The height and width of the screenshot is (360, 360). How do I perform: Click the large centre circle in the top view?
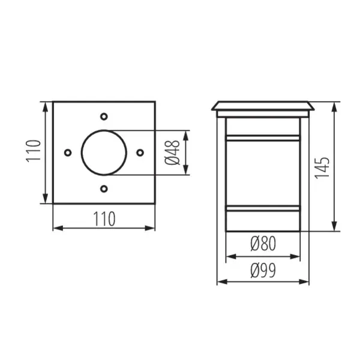click(103, 152)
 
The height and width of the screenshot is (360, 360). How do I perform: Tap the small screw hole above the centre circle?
click(104, 115)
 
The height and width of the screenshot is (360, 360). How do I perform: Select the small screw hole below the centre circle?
click(104, 190)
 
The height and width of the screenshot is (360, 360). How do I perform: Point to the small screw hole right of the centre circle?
click(140, 152)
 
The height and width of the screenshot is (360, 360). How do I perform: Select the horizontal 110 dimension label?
click(104, 219)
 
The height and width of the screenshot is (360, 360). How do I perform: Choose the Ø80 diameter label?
click(263, 244)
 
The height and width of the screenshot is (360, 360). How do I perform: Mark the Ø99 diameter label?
click(263, 271)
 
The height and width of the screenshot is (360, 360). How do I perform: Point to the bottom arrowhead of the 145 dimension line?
click(335, 228)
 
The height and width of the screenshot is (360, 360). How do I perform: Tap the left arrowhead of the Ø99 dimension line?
click(220, 281)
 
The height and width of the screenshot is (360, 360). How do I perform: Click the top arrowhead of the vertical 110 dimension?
click(45, 106)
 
